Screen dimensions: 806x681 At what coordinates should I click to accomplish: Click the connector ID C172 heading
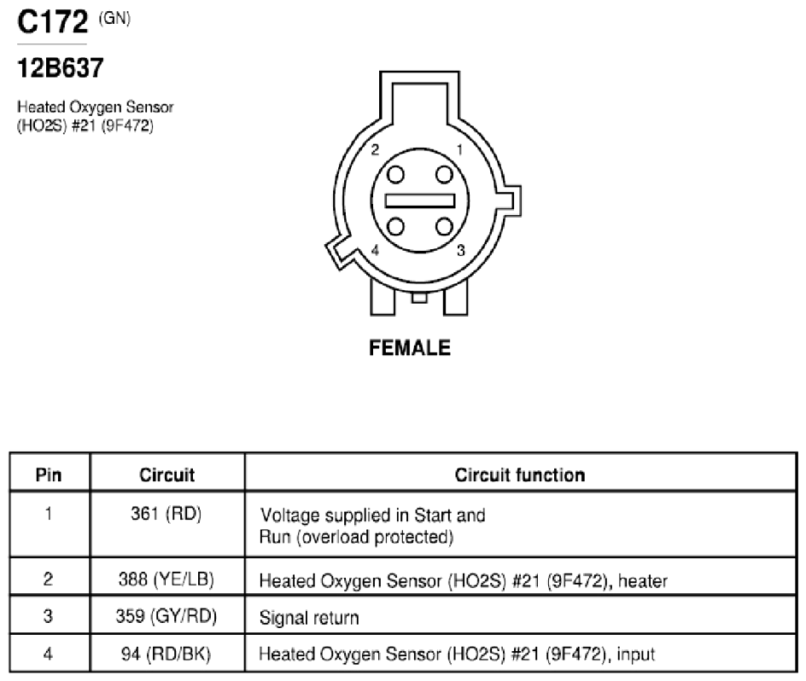pos(52,22)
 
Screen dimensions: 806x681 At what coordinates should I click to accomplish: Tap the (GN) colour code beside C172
pos(114,19)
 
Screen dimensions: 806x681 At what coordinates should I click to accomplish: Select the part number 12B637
pos(61,67)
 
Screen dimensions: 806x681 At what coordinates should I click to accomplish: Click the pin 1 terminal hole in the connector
pos(444,175)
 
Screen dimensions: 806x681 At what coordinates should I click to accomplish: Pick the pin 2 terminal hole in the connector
pos(395,175)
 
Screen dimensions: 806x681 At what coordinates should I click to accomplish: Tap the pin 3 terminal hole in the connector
pos(444,226)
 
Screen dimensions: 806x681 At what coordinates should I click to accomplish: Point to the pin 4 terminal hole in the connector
pos(395,226)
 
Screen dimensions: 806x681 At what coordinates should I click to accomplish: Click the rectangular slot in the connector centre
pos(420,201)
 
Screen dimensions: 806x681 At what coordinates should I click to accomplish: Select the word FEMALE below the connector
pos(410,348)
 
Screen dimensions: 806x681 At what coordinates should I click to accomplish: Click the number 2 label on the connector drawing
pos(375,149)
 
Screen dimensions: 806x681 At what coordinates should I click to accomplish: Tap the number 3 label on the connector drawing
pos(460,250)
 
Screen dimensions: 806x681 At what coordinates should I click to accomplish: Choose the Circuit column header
pos(167,474)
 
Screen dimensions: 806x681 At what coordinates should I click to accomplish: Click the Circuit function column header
pos(520,474)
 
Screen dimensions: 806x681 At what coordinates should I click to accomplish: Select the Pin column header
pos(49,474)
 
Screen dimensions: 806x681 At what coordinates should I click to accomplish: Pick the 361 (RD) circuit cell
pos(166,514)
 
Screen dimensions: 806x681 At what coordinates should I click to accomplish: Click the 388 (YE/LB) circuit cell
pos(166,579)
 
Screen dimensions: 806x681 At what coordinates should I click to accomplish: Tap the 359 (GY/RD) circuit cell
pos(166,616)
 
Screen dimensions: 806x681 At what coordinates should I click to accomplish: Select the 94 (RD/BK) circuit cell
pos(166,654)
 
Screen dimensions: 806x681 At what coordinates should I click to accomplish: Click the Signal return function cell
pos(309,617)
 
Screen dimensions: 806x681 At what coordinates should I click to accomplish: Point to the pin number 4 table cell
pos(49,654)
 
